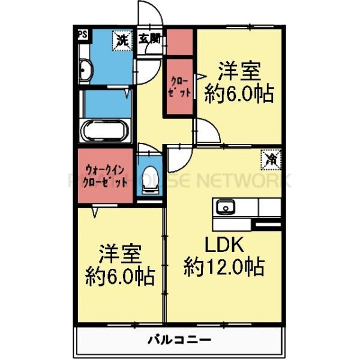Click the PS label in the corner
pos(82,35)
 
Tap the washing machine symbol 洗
pos(122,40)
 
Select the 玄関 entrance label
pos(149,40)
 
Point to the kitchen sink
pos(227,208)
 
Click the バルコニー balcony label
pos(179,340)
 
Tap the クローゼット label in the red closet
pos(180,87)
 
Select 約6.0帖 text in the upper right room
pos(239,94)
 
